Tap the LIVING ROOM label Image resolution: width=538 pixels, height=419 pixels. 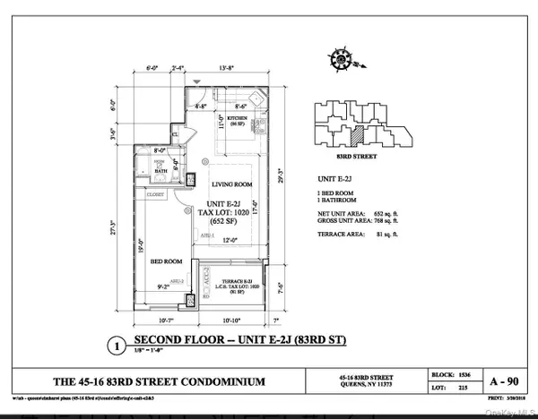tap(229, 186)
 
